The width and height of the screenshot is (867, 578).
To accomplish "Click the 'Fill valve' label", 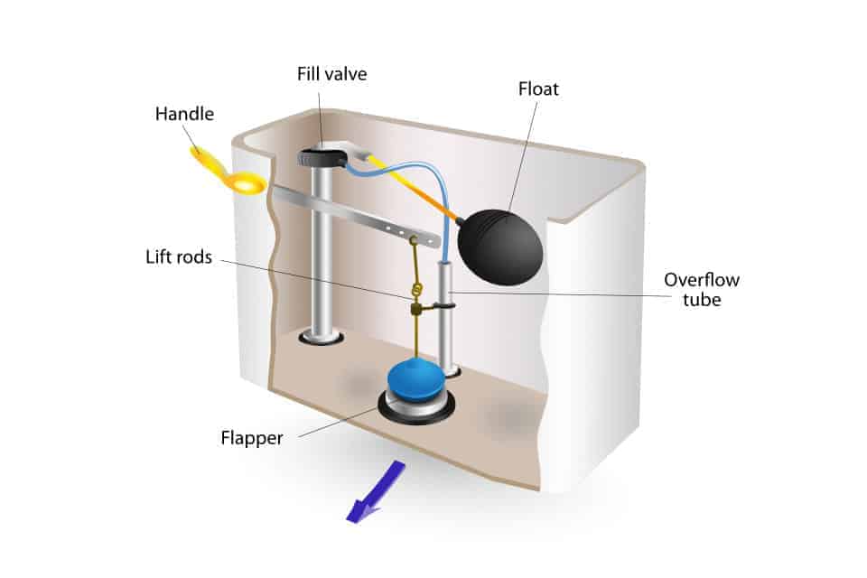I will click(x=332, y=74).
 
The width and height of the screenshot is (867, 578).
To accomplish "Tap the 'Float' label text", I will click(x=538, y=89).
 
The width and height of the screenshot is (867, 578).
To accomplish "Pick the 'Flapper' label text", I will click(x=252, y=439).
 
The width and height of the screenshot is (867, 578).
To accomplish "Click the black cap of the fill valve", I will click(x=322, y=157).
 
